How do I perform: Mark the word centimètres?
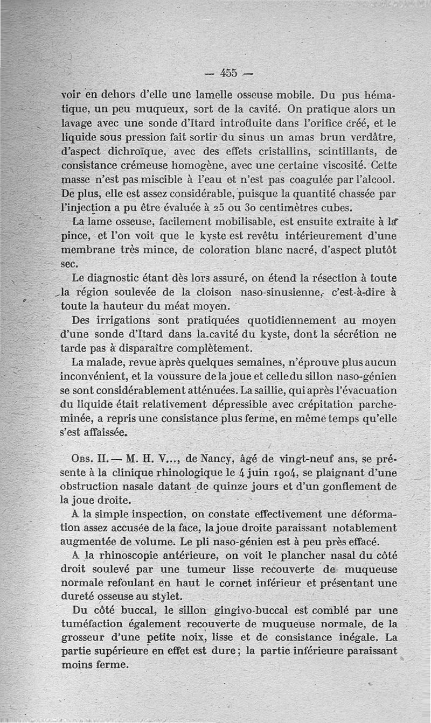pyautogui.click(x=325, y=207)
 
